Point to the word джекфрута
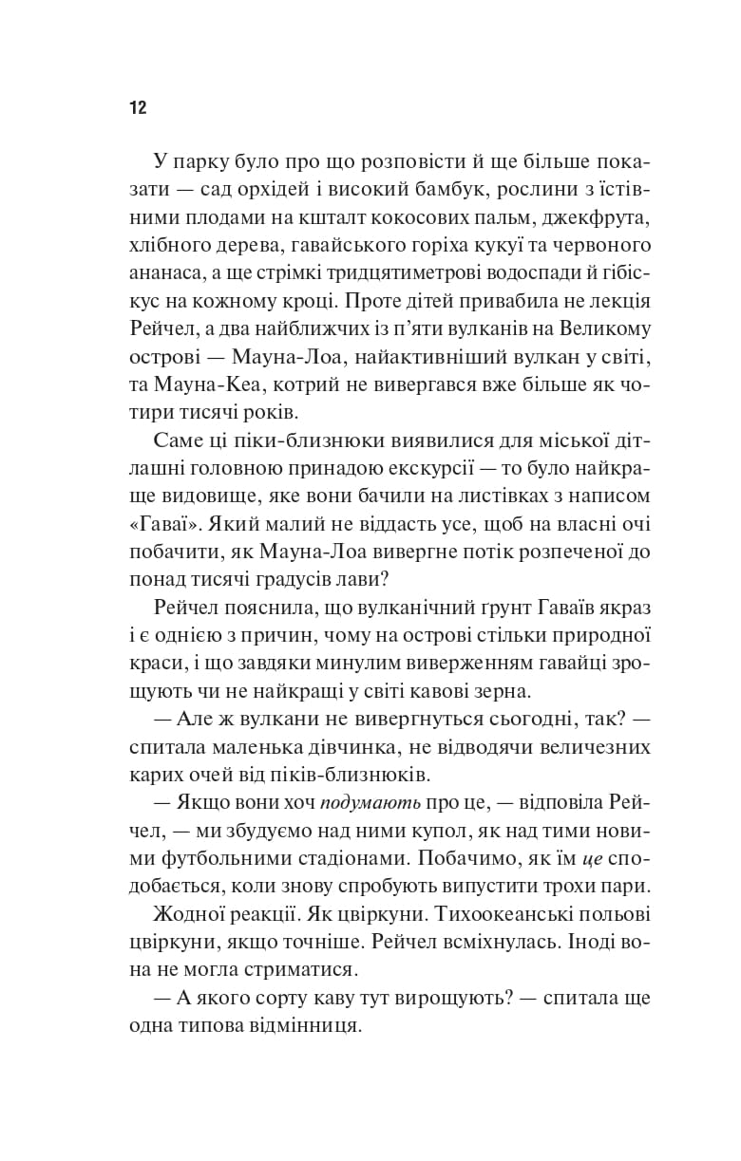tap(598, 218)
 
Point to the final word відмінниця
tap(301, 1028)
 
